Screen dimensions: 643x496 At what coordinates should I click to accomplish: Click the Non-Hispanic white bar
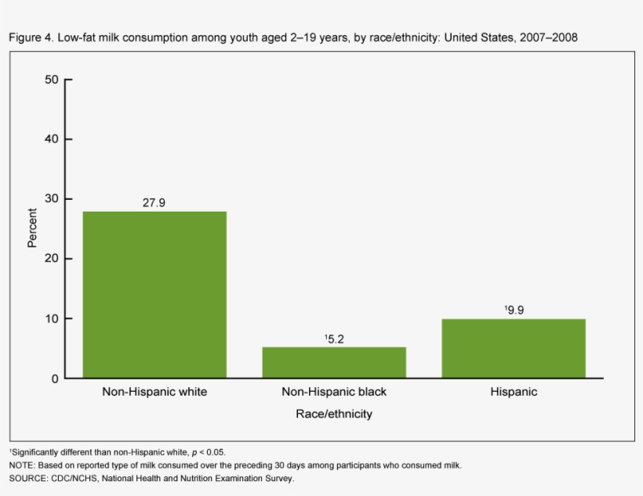coord(154,295)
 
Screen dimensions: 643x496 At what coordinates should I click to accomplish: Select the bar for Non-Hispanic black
coord(334,362)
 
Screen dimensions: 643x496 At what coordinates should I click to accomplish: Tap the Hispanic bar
coord(514,349)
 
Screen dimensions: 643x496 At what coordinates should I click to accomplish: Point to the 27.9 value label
coord(154,202)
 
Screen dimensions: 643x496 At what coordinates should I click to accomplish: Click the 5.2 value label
coord(334,339)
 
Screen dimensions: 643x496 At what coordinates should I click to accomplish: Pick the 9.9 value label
coord(514,310)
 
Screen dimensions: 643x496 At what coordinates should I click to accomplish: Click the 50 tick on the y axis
coord(52,79)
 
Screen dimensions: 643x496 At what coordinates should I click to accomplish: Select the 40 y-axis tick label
coord(52,139)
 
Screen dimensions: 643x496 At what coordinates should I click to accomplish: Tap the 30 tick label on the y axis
coord(52,199)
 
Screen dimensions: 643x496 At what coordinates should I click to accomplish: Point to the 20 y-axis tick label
coord(52,259)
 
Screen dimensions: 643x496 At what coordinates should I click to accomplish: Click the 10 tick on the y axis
coord(52,318)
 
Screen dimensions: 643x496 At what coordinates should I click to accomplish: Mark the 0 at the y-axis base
coord(55,378)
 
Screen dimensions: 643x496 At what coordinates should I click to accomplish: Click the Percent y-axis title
coord(32,228)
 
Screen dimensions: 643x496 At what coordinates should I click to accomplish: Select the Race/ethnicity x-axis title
coord(334,414)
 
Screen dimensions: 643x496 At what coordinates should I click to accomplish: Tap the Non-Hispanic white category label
coord(154,392)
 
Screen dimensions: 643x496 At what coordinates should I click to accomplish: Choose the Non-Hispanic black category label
coord(334,392)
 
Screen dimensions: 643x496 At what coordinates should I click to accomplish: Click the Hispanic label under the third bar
coord(514,392)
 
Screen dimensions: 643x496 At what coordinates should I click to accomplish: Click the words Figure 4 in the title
coord(31,38)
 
